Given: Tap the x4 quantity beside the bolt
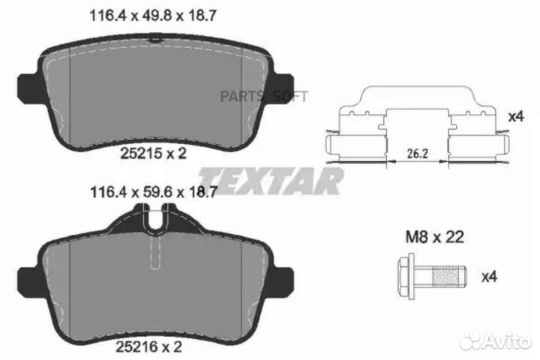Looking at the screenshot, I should coord(488,277).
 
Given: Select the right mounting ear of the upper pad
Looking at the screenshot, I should coord(283,79).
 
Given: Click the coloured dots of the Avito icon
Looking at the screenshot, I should coord(469,341).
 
